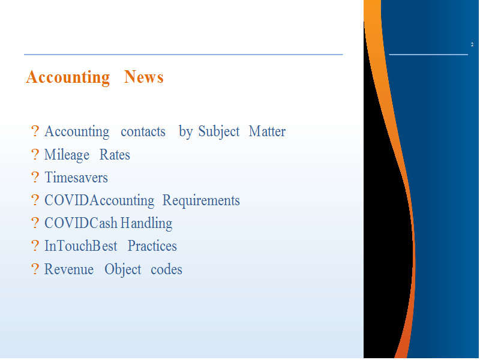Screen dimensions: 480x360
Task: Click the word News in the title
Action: pyautogui.click(x=143, y=77)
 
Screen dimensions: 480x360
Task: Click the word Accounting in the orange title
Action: pyautogui.click(x=68, y=77)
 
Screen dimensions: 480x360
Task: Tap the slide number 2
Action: pyautogui.click(x=472, y=44)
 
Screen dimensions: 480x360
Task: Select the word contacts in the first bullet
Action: pyautogui.click(x=143, y=131)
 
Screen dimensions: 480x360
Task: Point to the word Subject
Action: pyautogui.click(x=218, y=132)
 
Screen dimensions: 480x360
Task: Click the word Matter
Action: pyautogui.click(x=267, y=131)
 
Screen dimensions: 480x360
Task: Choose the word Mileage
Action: pyautogui.click(x=67, y=155)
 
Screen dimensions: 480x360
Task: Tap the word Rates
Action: pyautogui.click(x=115, y=155)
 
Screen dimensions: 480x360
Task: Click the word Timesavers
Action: pyautogui.click(x=76, y=178)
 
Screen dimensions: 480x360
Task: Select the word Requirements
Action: pyautogui.click(x=201, y=200)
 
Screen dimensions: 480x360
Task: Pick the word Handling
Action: pyautogui.click(x=146, y=223)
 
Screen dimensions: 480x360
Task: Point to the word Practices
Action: pyautogui.click(x=152, y=246)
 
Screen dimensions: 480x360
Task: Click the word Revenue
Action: pyautogui.click(x=69, y=269)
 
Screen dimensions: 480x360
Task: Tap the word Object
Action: pyautogui.click(x=123, y=269)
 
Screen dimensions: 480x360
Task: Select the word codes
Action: pyautogui.click(x=166, y=269)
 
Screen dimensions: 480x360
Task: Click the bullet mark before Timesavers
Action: pyautogui.click(x=35, y=177)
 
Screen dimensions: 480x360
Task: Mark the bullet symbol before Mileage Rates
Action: pyautogui.click(x=35, y=154)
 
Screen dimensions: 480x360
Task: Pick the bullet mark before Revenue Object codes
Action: pyautogui.click(x=35, y=269)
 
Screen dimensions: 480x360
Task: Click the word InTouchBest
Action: pyautogui.click(x=81, y=246)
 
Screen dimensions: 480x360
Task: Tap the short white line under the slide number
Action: pyautogui.click(x=428, y=55)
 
